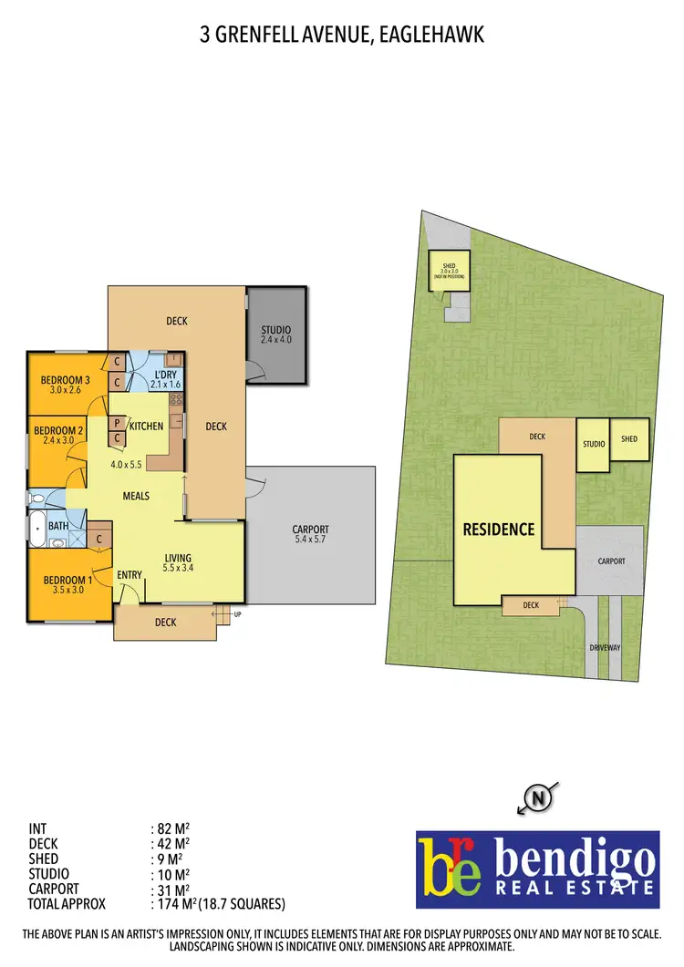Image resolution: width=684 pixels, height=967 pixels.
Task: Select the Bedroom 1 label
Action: (x=63, y=580)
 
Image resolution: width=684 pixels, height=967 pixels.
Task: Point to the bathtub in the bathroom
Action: (x=37, y=528)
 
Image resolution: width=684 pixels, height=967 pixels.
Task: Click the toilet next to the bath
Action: (x=36, y=499)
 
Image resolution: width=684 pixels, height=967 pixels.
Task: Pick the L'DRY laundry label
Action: (x=165, y=375)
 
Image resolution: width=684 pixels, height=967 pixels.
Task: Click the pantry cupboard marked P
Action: (x=118, y=423)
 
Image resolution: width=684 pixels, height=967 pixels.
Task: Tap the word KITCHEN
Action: (x=146, y=426)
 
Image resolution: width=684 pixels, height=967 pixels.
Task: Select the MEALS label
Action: (x=137, y=496)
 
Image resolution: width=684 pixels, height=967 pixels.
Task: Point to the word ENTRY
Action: (x=130, y=574)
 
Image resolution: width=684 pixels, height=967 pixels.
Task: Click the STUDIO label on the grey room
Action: (x=275, y=330)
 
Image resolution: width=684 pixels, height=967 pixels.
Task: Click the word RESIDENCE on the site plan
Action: (x=498, y=530)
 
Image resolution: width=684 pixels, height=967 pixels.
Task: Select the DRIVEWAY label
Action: (x=605, y=648)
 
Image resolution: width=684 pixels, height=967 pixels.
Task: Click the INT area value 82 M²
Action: (x=172, y=828)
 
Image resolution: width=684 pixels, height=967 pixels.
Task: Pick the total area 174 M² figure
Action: (x=172, y=904)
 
